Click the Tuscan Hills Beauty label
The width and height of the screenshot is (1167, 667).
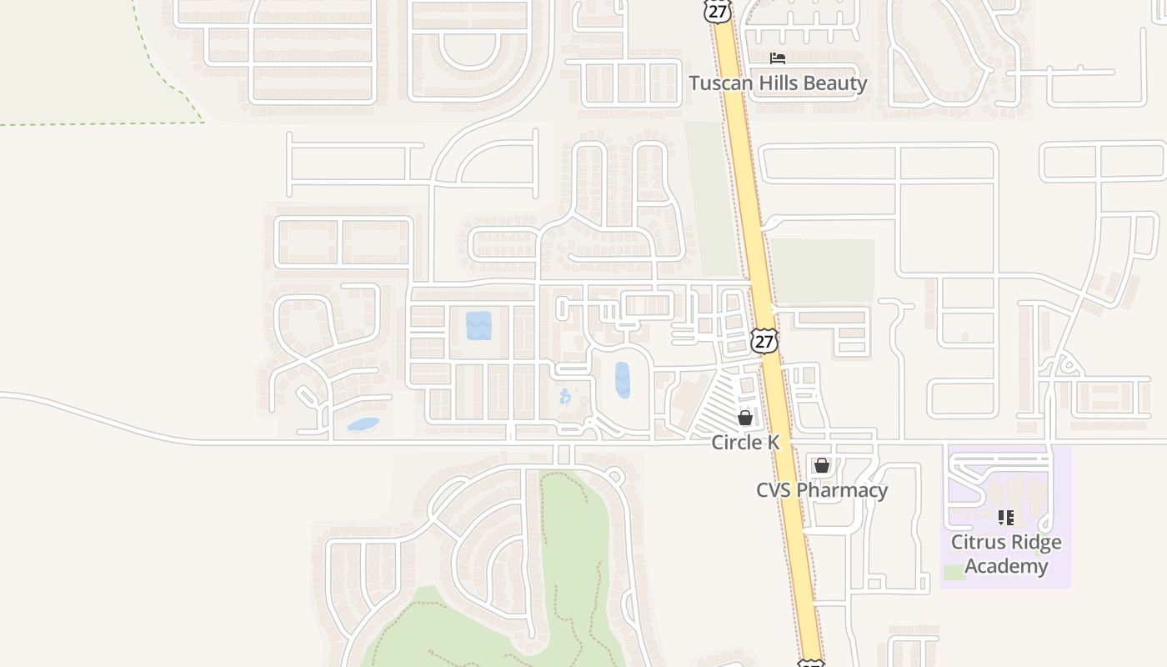click(x=778, y=83)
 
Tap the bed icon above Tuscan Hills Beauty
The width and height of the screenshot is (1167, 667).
click(x=778, y=58)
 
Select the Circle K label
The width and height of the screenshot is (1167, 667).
click(x=745, y=442)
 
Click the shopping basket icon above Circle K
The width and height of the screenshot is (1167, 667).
click(x=745, y=418)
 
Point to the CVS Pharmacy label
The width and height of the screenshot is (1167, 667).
click(x=822, y=489)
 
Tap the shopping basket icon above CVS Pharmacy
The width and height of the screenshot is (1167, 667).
click(x=822, y=465)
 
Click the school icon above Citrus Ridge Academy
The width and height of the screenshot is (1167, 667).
click(x=1006, y=518)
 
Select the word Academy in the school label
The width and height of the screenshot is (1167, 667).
click(x=1006, y=566)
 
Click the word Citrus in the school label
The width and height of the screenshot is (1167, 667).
click(x=979, y=542)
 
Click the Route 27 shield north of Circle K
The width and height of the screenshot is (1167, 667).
click(x=764, y=340)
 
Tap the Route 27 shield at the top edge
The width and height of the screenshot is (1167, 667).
click(x=717, y=10)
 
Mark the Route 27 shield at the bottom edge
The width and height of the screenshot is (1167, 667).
click(x=810, y=663)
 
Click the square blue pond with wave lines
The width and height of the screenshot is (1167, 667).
click(x=478, y=325)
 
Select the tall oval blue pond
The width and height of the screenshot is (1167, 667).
click(x=623, y=379)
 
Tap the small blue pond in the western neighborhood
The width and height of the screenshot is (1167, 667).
click(x=363, y=424)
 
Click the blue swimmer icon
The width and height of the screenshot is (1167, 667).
click(x=565, y=396)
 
